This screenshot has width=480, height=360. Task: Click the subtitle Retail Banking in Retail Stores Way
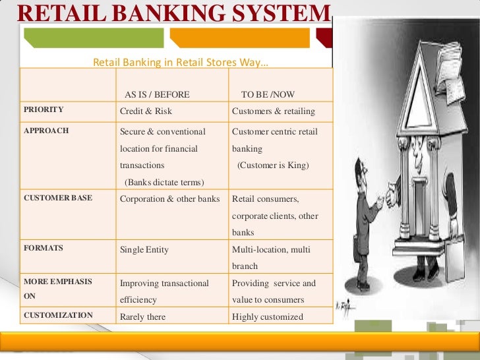pos(181,64)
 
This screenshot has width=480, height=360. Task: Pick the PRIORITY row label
pos(44,110)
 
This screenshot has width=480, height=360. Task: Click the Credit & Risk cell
pos(146,111)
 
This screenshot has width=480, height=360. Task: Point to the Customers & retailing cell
pos(274,111)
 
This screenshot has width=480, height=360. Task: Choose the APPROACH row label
pos(46,131)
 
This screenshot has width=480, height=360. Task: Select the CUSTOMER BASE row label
pos(58,198)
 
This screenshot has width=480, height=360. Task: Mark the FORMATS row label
pos(44,249)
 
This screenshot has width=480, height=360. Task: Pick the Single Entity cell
pos(144,249)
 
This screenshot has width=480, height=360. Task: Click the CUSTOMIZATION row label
pos(58,315)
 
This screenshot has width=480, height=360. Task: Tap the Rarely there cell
pos(142,316)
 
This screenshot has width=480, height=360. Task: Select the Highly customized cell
pos(268,316)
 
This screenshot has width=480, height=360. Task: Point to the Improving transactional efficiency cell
pos(164,291)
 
